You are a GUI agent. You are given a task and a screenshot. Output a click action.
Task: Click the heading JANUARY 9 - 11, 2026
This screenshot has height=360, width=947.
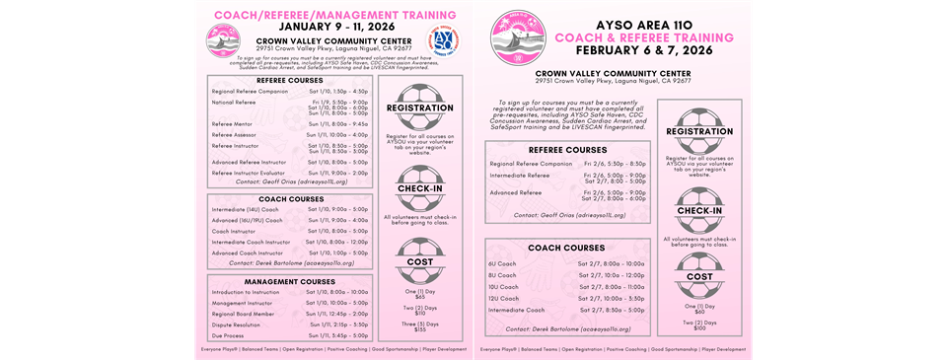[x=326, y=27]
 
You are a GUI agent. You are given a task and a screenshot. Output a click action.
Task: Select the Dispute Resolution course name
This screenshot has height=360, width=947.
[x=236, y=324]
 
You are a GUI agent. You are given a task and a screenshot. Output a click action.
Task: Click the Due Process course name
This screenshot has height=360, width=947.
[x=228, y=335]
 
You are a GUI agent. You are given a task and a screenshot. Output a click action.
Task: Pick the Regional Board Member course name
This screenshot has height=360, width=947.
[x=242, y=314]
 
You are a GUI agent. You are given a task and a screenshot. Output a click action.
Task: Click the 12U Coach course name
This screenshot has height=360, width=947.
[x=504, y=298]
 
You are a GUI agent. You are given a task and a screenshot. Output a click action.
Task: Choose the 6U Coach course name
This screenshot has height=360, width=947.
[x=503, y=263]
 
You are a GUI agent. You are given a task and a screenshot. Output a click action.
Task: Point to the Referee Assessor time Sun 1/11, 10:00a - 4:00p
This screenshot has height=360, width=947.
[x=338, y=134]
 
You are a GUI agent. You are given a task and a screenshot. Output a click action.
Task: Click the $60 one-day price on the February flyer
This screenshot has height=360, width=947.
[x=699, y=312]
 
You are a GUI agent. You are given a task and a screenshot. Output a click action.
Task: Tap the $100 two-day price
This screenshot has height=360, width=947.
[x=699, y=328]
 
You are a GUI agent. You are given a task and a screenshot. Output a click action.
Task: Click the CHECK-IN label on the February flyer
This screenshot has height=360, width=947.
[x=699, y=209]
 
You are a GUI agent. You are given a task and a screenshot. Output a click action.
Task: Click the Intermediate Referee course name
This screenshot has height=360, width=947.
[x=520, y=176]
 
